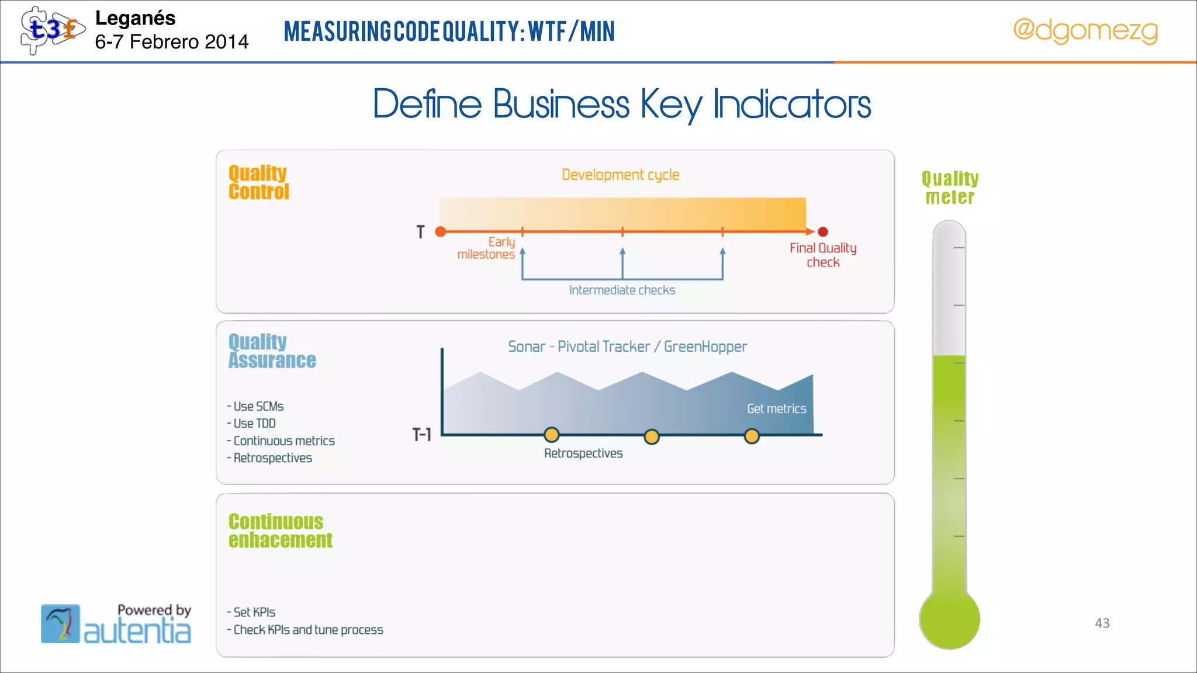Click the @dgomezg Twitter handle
click(1085, 30)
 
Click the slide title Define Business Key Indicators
click(622, 104)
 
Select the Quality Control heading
click(258, 182)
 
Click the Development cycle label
click(620, 175)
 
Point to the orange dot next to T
click(441, 232)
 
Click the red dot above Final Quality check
click(823, 232)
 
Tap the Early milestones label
click(486, 248)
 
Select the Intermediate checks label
click(622, 290)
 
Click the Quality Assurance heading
click(272, 351)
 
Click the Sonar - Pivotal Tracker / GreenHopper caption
click(627, 347)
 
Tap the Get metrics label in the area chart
click(776, 409)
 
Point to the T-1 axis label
click(421, 435)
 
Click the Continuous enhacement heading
click(280, 530)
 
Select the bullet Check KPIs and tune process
click(308, 630)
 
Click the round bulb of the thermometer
click(949, 619)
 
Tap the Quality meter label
click(950, 188)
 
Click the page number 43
click(1102, 623)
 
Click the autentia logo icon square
click(60, 623)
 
